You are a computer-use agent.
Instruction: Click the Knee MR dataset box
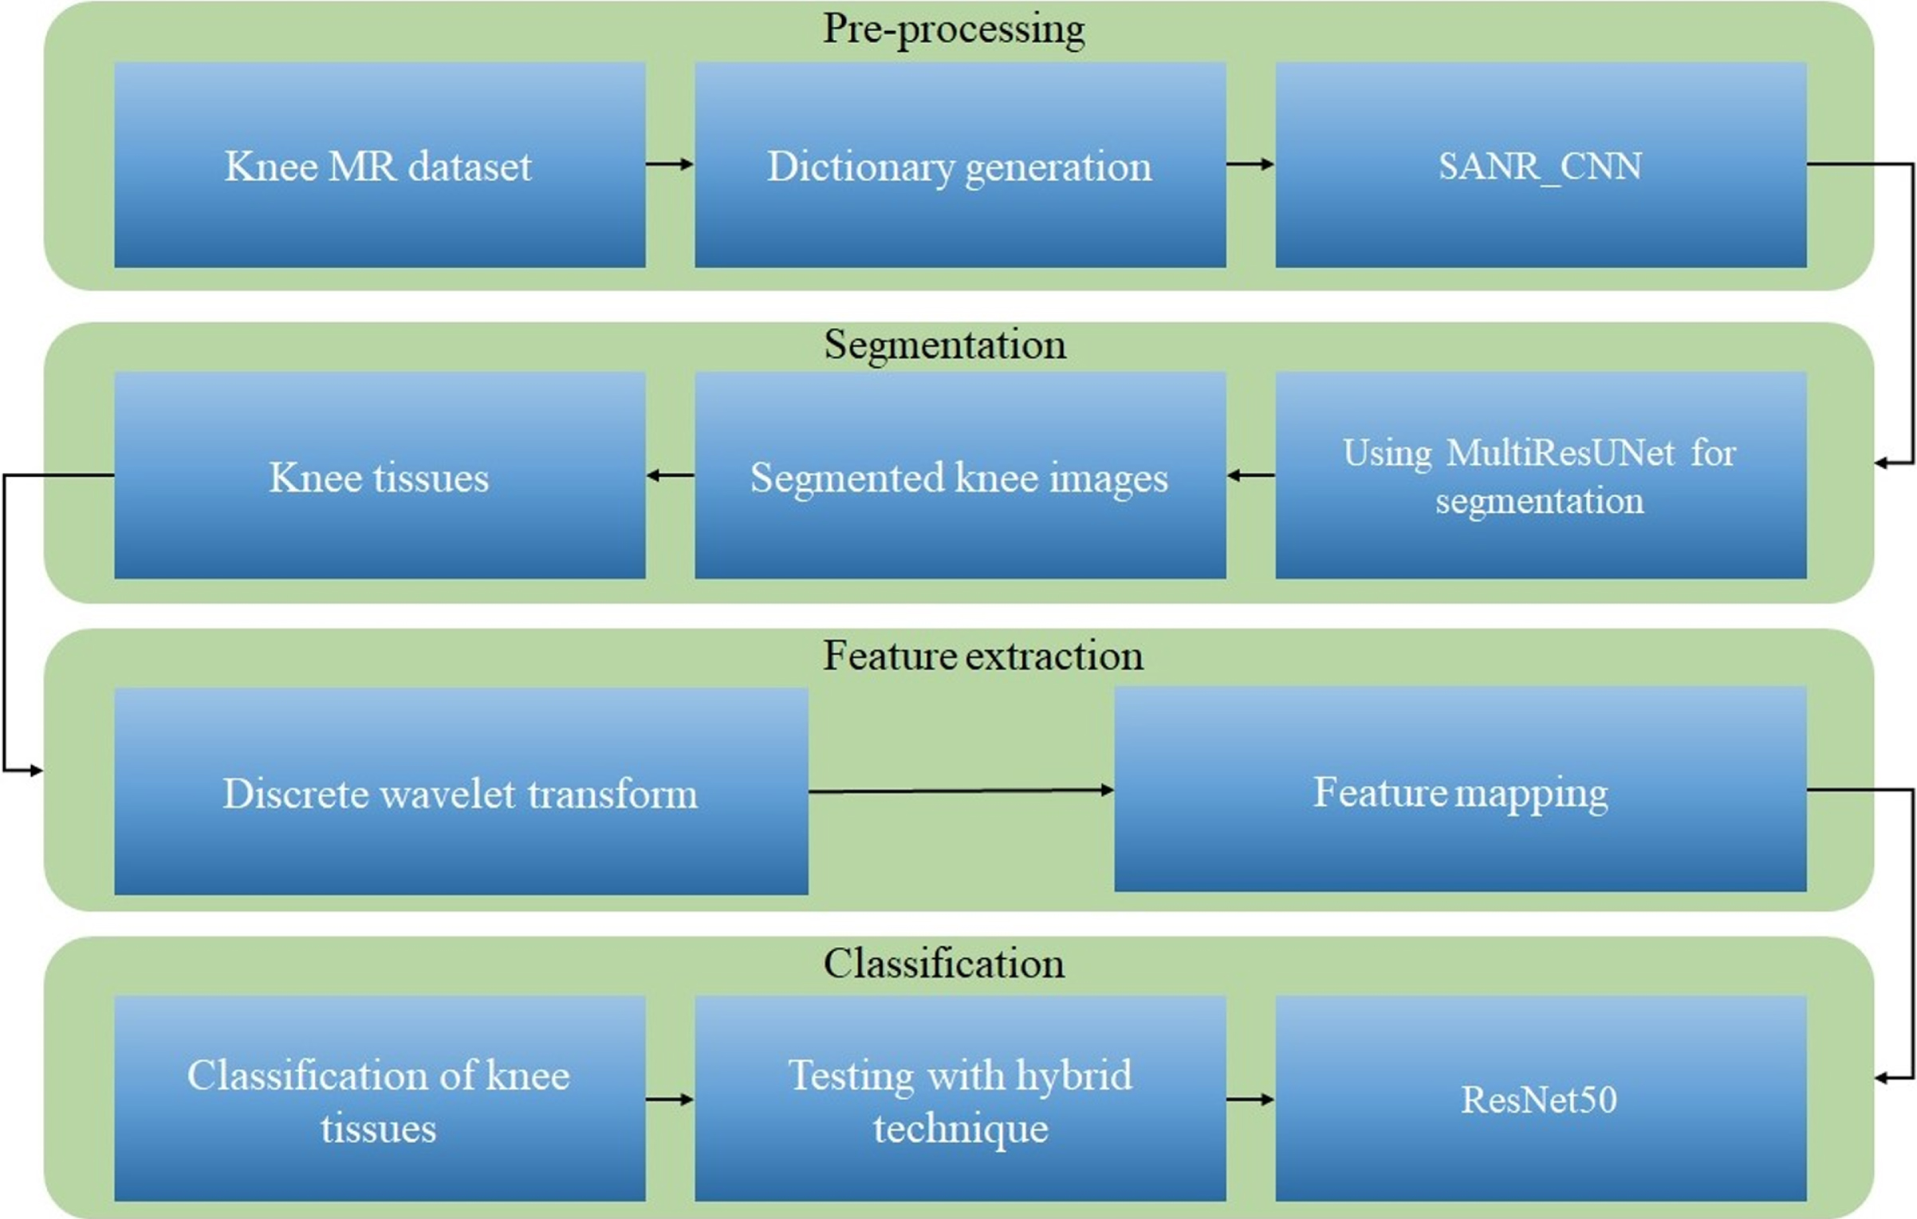click(x=380, y=165)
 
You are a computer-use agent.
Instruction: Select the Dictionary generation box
click(x=960, y=165)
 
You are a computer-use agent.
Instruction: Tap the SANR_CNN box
click(x=1541, y=165)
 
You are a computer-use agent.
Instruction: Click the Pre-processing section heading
click(x=954, y=30)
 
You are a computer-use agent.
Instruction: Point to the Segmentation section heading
click(x=945, y=345)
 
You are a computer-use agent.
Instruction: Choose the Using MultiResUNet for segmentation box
click(x=1541, y=475)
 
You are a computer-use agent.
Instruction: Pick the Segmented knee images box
click(x=960, y=475)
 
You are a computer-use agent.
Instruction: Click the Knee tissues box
click(x=380, y=475)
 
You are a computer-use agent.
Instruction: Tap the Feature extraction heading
click(x=983, y=656)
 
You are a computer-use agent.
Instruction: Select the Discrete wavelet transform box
click(x=461, y=791)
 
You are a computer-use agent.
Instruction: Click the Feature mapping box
click(x=1460, y=789)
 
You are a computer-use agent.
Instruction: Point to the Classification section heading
click(x=944, y=964)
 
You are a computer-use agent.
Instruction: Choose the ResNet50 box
click(x=1541, y=1099)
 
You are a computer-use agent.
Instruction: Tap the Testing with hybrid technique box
click(x=960, y=1099)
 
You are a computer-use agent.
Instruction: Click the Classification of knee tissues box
click(x=380, y=1099)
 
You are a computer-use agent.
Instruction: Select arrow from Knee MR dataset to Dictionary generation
click(x=670, y=164)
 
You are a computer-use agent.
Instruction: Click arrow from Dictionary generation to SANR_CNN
click(x=1250, y=164)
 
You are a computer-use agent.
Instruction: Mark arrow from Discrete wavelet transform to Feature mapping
click(x=961, y=791)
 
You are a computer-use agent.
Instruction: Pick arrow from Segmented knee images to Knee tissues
click(x=670, y=475)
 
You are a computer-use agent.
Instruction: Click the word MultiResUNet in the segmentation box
click(x=1559, y=453)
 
